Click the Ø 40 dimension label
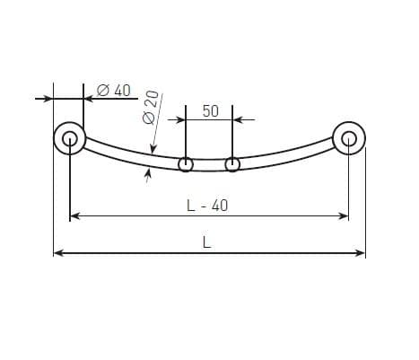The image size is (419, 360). [114, 90]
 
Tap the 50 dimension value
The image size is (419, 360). [211, 111]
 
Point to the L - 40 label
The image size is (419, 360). [207, 206]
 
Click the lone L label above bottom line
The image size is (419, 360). [206, 242]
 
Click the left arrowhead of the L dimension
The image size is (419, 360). [59, 253]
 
